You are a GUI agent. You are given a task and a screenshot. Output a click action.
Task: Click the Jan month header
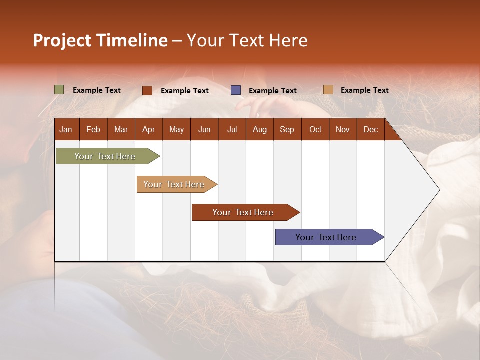pos(66,130)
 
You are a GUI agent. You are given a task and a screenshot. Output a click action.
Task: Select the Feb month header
pos(93,130)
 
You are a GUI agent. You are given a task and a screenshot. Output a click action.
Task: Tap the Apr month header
pos(149,130)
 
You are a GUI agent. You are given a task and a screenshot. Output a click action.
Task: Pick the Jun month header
pos(204,130)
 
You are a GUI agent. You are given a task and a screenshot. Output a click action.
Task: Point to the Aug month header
pos(260,130)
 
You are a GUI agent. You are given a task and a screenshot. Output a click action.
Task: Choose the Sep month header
pos(287,130)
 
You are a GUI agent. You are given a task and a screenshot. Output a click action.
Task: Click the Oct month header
pos(315,130)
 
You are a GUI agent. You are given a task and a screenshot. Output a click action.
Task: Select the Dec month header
pos(371,130)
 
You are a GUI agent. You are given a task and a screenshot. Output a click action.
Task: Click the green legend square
pos(59,90)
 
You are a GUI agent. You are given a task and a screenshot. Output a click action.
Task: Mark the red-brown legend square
pos(147,90)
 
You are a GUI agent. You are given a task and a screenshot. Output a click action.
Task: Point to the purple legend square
pos(236,90)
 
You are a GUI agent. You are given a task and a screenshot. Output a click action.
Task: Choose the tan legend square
pos(328,90)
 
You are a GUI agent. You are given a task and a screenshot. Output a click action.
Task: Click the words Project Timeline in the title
pos(100,40)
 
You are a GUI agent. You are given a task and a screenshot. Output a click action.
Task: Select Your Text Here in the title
pos(247,40)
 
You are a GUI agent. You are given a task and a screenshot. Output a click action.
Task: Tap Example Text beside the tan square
pos(364,90)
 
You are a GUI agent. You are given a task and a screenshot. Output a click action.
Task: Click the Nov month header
pos(343,130)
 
